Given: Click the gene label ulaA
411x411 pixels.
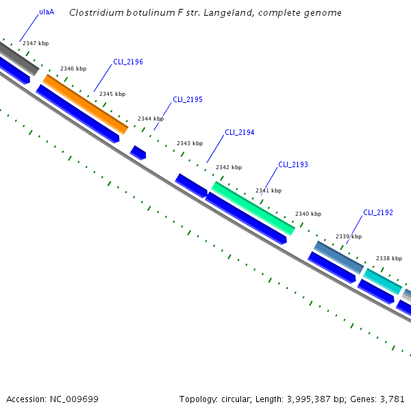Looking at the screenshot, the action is [47, 12].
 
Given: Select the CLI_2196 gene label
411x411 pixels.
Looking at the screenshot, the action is [128, 62].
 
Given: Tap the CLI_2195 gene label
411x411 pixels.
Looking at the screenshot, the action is [188, 99].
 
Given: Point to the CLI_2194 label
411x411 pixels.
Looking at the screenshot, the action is [240, 132].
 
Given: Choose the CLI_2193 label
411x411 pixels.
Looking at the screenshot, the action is [293, 165].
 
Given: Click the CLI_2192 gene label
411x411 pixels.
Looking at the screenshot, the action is [378, 212].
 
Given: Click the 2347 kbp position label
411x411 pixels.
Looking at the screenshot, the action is [36, 43].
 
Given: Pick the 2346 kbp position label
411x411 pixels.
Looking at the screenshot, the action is [73, 68].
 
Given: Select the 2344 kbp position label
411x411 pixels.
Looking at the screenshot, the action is [151, 119].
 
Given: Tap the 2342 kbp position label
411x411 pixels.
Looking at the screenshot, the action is [229, 167].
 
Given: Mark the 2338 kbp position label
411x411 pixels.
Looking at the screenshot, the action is [388, 258].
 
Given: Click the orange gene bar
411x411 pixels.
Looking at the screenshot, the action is [86, 104].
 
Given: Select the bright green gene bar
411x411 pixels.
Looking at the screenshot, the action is [253, 208].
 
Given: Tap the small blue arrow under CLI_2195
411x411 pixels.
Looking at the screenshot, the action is [138, 153].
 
